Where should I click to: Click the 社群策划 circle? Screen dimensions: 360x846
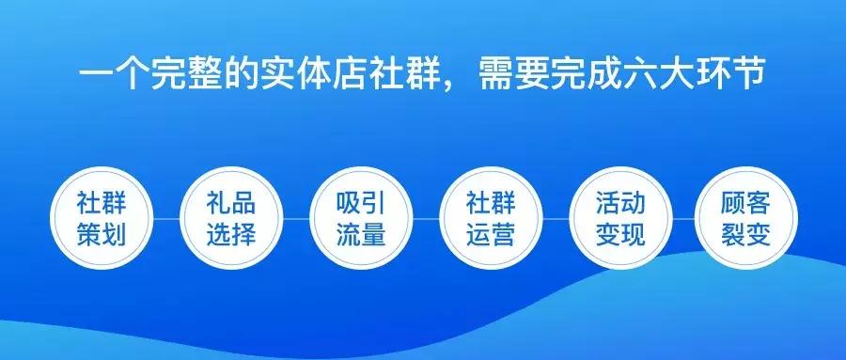click(x=101, y=217)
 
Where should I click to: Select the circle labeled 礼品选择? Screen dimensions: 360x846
click(x=231, y=217)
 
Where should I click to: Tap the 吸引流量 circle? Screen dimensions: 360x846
click(x=361, y=217)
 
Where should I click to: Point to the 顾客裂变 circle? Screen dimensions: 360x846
click(x=746, y=217)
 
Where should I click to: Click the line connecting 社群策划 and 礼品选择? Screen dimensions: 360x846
click(x=165, y=218)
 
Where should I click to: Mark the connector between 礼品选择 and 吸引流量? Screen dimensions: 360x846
click(x=296, y=218)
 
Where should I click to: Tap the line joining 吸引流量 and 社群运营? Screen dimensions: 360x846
click(x=426, y=218)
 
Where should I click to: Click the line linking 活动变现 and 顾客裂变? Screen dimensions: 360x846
click(x=683, y=218)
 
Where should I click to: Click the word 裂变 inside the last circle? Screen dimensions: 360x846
click(x=746, y=233)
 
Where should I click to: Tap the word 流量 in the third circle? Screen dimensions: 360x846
click(x=361, y=233)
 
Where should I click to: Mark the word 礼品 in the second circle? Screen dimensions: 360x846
click(x=231, y=202)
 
